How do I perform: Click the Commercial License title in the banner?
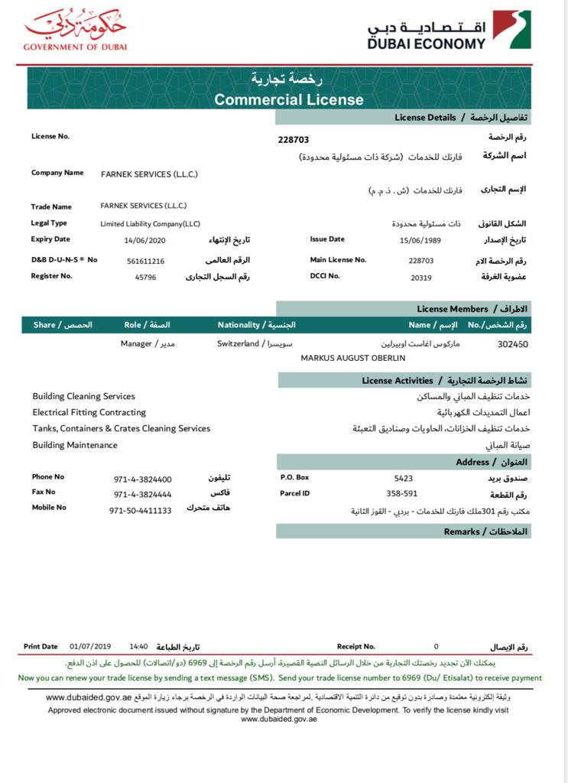pos(289,99)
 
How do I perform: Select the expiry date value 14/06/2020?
pos(144,240)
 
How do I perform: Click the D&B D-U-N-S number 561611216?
pos(145,261)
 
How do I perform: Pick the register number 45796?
pos(144,277)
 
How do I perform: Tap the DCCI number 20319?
pos(420,277)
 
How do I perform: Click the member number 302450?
pos(512,345)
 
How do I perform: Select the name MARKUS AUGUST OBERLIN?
pos(353,358)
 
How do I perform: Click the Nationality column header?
pos(256,325)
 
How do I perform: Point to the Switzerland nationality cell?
pos(238,344)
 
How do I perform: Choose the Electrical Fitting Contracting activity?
pos(89,412)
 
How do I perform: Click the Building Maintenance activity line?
pos(75,445)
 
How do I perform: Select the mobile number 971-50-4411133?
pos(141,510)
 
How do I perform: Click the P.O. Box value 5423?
pos(404,478)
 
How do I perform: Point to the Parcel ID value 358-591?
pos(401,494)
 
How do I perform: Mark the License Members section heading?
pos(453,309)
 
